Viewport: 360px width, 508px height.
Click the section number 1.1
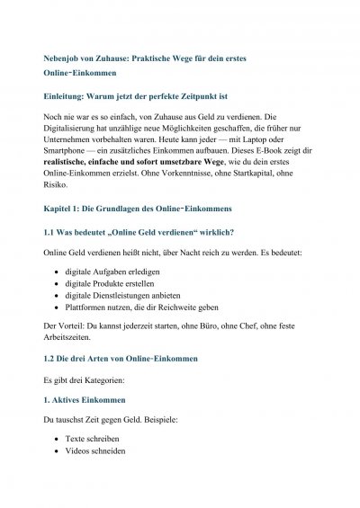point(51,259)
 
